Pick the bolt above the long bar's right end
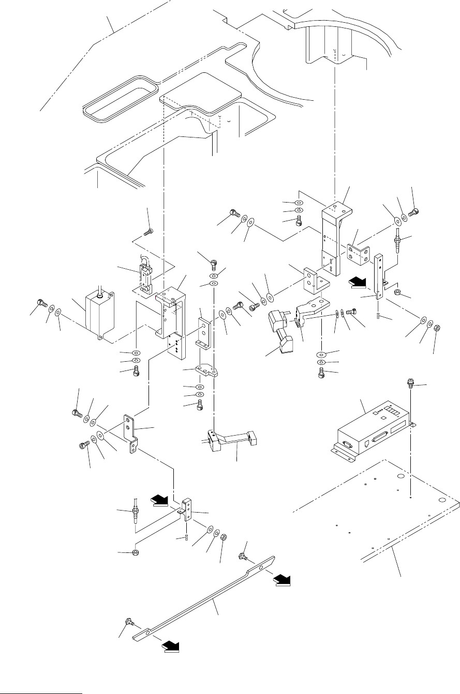(x=242, y=556)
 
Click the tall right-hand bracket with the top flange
(x=333, y=238)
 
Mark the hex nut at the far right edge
(x=436, y=327)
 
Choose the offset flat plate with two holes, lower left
(x=130, y=431)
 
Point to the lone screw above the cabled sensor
(x=149, y=232)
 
